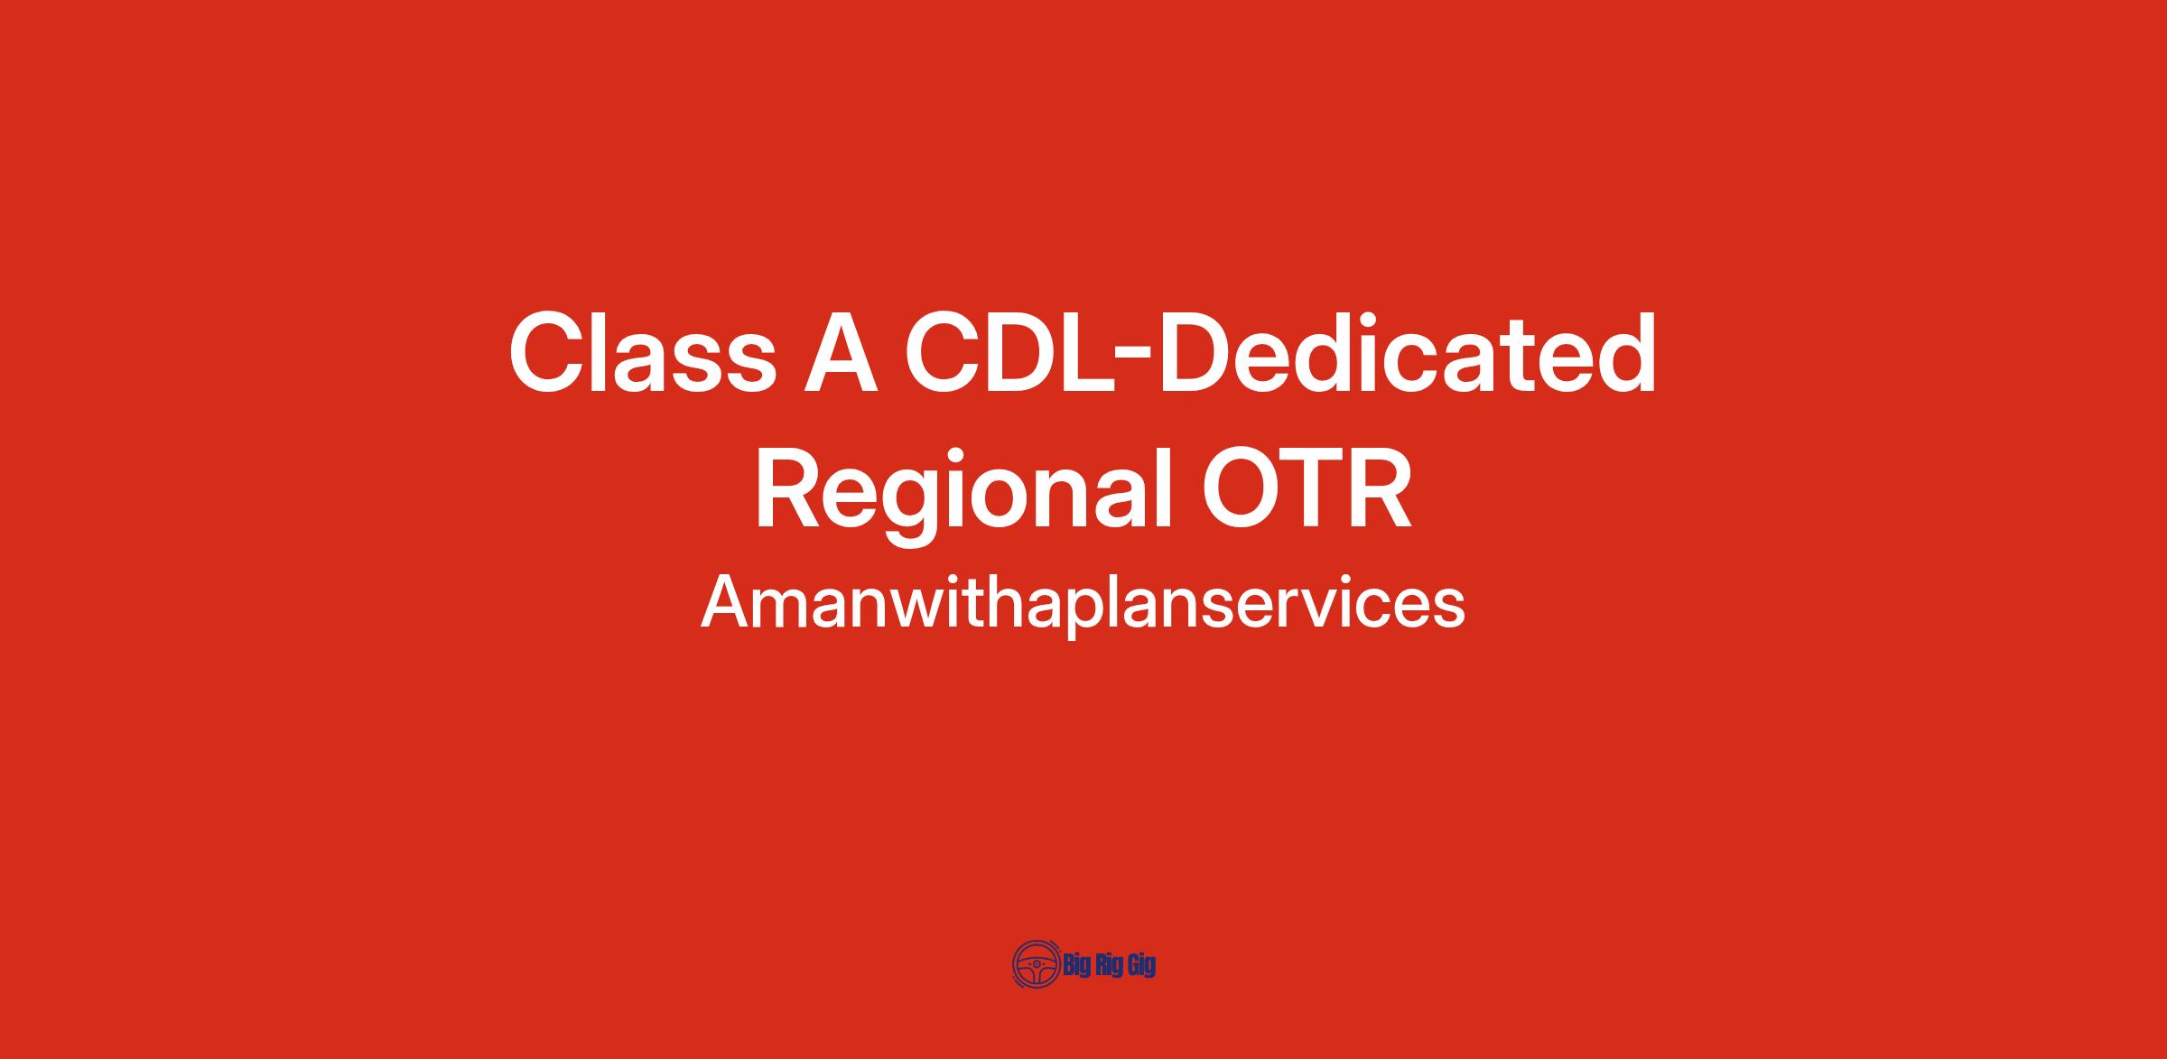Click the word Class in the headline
[643, 352]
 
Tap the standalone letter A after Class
[842, 352]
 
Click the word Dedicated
[1407, 352]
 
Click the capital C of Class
[548, 352]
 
